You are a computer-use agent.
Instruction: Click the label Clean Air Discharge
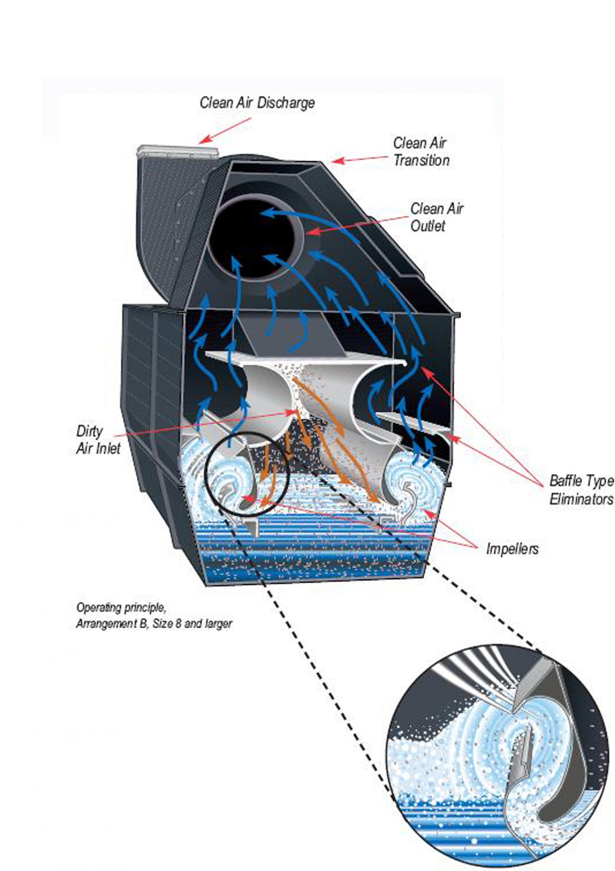click(257, 103)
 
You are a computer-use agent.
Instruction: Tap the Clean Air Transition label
click(421, 152)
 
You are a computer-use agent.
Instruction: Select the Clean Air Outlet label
click(436, 217)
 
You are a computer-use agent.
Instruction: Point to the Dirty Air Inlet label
click(98, 440)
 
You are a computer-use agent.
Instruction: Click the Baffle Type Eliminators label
click(581, 490)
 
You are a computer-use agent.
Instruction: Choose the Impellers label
click(512, 549)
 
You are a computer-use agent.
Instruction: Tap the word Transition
click(421, 161)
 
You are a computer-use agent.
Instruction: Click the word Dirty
click(89, 431)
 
